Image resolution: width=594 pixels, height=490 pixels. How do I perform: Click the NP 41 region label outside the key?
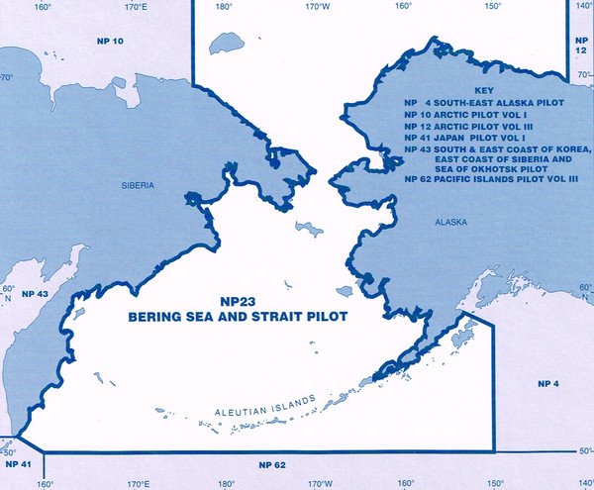click(x=19, y=463)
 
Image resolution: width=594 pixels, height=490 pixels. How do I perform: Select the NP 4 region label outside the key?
click(x=547, y=382)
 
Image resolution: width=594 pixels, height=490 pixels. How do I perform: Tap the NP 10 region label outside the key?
click(x=110, y=42)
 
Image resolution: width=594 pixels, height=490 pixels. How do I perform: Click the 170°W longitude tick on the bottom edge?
click(x=318, y=484)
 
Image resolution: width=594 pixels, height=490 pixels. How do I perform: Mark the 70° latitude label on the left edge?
click(x=6, y=77)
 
